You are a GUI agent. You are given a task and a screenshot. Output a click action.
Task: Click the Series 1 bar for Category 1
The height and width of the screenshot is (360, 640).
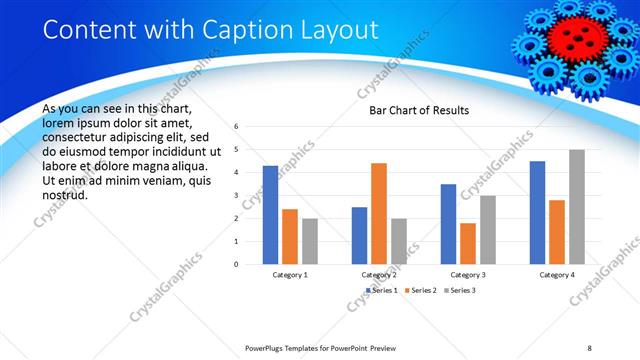click(x=270, y=214)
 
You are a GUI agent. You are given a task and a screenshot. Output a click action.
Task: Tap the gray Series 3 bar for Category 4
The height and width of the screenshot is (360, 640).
click(x=577, y=206)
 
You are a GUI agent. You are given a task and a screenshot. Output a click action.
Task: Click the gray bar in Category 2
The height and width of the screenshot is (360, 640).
click(x=399, y=241)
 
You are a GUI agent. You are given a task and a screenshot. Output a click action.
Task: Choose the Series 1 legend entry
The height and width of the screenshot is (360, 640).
click(x=383, y=290)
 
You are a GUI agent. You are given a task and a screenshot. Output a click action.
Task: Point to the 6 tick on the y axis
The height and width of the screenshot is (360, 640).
click(x=235, y=127)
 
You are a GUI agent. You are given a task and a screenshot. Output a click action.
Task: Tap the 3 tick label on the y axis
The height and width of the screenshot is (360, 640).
click(x=235, y=195)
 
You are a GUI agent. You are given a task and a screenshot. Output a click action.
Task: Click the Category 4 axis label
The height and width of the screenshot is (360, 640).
click(x=557, y=274)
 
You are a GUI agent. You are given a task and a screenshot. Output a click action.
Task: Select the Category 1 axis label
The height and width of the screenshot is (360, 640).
click(x=290, y=274)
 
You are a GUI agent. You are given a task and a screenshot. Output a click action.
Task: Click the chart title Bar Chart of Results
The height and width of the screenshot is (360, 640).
click(x=412, y=110)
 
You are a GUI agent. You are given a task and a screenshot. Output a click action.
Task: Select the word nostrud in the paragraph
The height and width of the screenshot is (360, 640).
click(x=66, y=194)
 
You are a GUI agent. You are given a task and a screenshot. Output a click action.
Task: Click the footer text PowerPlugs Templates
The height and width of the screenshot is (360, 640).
click(x=290, y=347)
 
